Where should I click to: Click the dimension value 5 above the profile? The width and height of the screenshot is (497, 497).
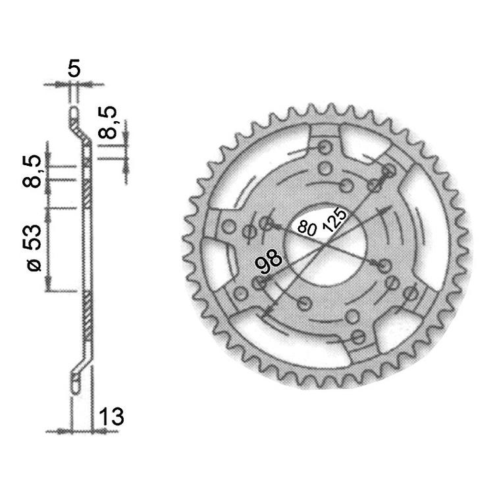click(74, 68)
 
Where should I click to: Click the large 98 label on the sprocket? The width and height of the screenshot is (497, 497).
click(269, 260)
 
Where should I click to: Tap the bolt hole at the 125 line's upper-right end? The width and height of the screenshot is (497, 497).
click(388, 172)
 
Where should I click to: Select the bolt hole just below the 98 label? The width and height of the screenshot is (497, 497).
click(261, 284)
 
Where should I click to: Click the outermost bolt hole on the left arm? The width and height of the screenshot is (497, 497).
click(228, 228)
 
